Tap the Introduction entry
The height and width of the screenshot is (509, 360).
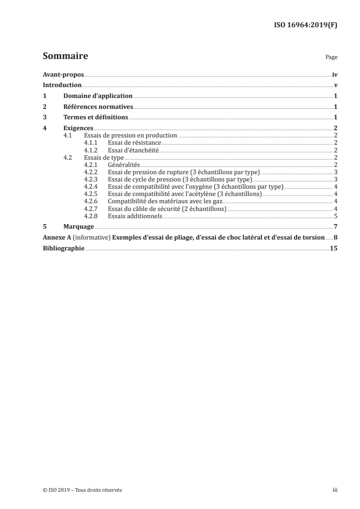(x=62, y=85)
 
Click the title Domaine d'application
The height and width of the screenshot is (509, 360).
(x=98, y=96)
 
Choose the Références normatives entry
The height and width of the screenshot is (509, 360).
(x=98, y=107)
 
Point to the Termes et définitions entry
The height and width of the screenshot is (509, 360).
(x=95, y=117)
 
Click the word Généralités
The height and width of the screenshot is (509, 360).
(x=124, y=165)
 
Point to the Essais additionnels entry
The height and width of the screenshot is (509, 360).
(x=135, y=215)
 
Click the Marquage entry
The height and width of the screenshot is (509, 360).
(x=79, y=226)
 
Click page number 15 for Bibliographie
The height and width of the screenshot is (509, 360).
(x=334, y=248)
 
